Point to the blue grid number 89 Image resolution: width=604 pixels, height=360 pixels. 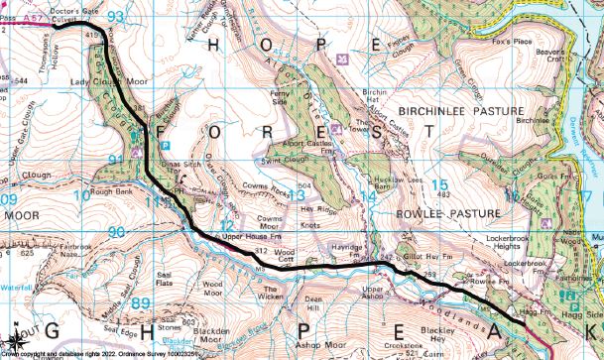pyautogui.click(x=141, y=303)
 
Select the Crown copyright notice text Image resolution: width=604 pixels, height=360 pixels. pyautogui.click(x=99, y=353)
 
